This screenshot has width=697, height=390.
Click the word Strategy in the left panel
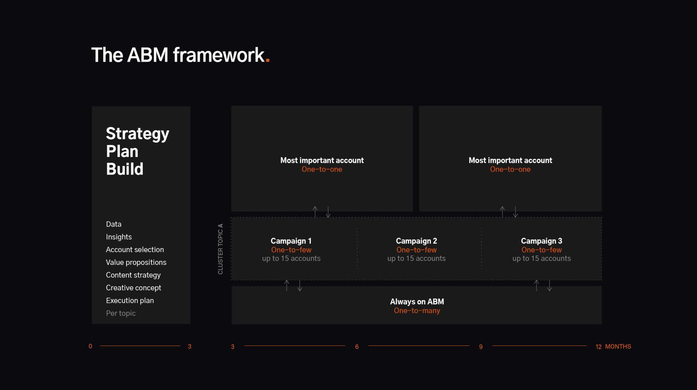138,134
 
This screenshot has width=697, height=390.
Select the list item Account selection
135,250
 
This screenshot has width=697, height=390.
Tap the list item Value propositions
136,263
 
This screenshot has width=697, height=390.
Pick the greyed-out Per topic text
121,313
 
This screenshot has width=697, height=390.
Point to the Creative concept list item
133,288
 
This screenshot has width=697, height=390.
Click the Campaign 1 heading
291,241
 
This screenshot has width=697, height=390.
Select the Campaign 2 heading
416,241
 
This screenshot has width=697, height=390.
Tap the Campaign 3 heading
542,241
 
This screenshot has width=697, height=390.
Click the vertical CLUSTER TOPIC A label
220,249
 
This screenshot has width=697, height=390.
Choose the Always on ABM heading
417,302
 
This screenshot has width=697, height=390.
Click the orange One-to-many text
417,311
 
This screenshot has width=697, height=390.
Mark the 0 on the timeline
90,346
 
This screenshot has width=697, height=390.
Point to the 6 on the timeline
357,347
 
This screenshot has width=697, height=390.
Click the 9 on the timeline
481,347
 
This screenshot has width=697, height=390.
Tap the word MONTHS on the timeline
618,346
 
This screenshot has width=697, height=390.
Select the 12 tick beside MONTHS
598,347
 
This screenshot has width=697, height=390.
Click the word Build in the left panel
125,169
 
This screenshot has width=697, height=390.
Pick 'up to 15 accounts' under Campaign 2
416,258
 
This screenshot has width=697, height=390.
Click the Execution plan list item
130,301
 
